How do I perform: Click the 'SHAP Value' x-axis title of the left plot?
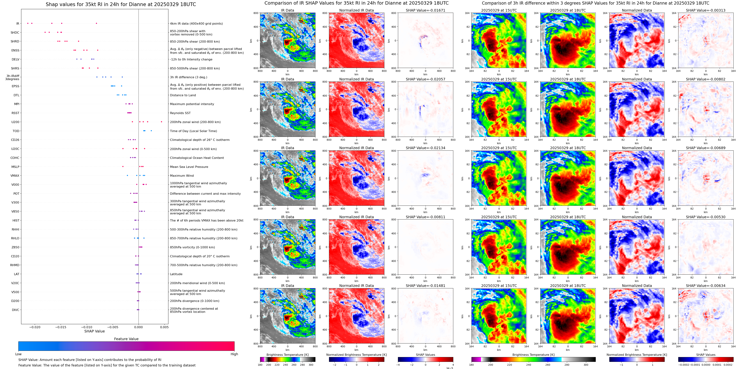coord(94,331)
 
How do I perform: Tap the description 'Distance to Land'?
coord(183,95)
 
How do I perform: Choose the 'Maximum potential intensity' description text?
coord(192,104)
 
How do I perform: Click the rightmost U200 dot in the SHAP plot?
coord(161,122)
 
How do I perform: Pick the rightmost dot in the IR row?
coord(96,24)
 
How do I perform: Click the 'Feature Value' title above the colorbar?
coord(126,339)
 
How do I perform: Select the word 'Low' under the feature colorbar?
coord(18,354)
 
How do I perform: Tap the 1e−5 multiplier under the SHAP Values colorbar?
coord(449,368)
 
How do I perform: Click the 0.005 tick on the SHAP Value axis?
coord(164,327)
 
